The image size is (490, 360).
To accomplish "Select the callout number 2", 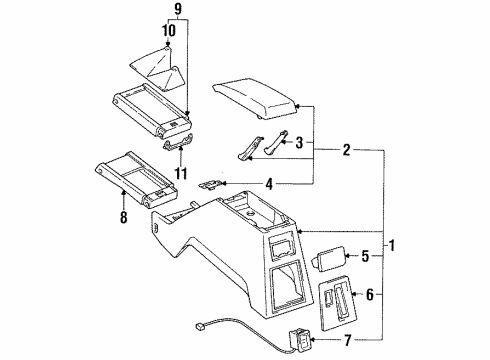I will pyautogui.click(x=346, y=152).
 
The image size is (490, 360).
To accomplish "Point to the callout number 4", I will pyautogui.click(x=269, y=183).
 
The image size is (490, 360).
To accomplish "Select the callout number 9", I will pyautogui.click(x=179, y=11).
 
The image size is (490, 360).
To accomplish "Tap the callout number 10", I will pyautogui.click(x=169, y=30).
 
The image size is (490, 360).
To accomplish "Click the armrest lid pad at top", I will pyautogui.click(x=258, y=102).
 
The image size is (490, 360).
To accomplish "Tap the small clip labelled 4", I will pyautogui.click(x=212, y=182).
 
